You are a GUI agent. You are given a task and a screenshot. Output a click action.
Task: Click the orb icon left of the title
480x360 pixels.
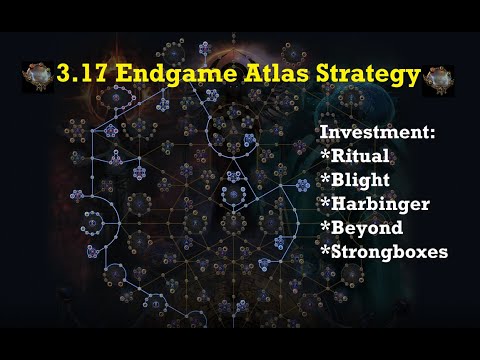point(37,76)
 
